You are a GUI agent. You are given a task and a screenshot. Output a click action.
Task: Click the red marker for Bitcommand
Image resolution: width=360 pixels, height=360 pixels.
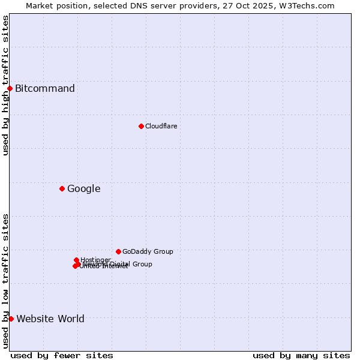pos(10,89)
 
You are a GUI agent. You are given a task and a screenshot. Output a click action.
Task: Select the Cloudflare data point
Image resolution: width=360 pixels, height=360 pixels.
pos(141,126)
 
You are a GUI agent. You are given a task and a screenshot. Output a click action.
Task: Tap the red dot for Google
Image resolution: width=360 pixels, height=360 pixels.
pos(62,189)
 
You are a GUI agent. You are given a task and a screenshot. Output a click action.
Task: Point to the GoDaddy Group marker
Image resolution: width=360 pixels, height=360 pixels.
pos(118,251)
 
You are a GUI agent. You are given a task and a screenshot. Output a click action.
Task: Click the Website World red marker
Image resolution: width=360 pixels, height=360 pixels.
pos(11,319)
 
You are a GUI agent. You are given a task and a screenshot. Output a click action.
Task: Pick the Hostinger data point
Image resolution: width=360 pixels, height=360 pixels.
pos(76,260)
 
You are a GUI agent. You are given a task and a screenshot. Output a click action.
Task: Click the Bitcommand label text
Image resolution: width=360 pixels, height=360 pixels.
pos(45,89)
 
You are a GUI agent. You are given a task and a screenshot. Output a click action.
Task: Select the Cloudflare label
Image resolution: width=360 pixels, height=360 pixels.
pos(161,126)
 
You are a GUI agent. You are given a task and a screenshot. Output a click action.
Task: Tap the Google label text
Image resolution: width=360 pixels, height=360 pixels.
pos(83,189)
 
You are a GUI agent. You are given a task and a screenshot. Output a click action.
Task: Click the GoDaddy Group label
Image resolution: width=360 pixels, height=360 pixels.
pos(148,251)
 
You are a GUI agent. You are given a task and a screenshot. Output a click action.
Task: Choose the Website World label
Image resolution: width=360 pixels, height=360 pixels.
pos(50,319)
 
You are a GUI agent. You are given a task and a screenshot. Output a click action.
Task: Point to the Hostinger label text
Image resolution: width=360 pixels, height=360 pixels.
pos(95,260)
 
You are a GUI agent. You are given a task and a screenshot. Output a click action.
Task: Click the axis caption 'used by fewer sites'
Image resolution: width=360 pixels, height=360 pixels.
pos(62,355)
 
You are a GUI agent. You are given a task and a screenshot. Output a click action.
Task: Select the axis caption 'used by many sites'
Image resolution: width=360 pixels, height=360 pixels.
pos(301,355)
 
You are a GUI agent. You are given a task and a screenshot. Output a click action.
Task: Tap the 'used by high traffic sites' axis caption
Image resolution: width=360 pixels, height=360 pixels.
pos(5,86)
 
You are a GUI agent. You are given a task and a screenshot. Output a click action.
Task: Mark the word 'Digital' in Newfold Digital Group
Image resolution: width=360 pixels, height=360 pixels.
pos(121,264)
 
